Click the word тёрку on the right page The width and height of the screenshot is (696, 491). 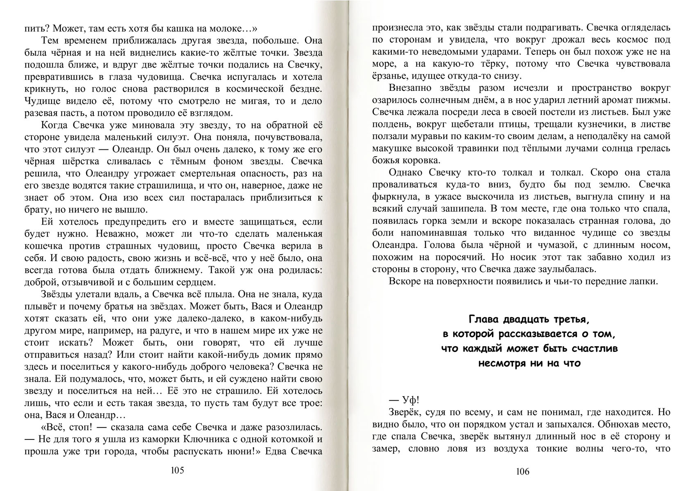(491, 64)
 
